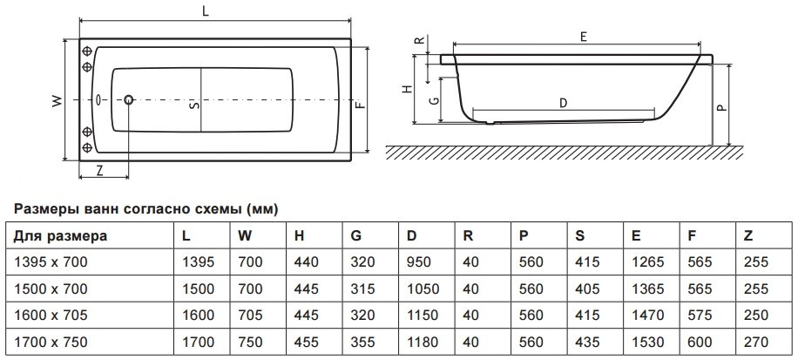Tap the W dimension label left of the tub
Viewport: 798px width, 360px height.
click(x=57, y=101)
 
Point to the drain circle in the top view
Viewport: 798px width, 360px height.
click(x=129, y=100)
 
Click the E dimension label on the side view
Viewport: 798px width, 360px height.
click(x=584, y=37)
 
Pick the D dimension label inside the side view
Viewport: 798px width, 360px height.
click(x=564, y=103)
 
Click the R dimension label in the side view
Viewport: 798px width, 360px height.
click(x=419, y=40)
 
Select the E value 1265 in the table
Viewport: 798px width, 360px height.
click(x=646, y=261)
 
